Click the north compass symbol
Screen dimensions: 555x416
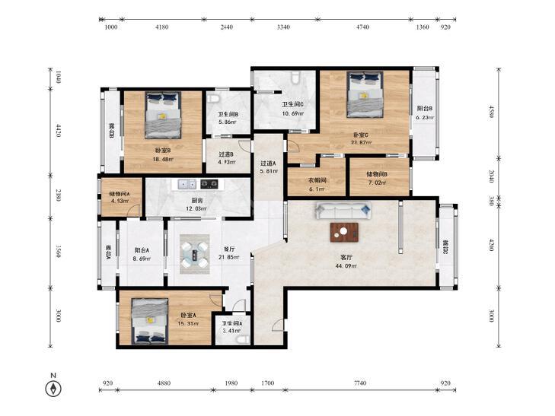pyautogui.click(x=53, y=389)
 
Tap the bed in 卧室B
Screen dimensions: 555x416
pyautogui.click(x=162, y=116)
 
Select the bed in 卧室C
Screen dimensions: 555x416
pyautogui.click(x=365, y=94)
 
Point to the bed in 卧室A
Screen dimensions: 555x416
pyautogui.click(x=150, y=321)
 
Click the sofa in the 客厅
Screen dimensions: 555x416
pyautogui.click(x=343, y=211)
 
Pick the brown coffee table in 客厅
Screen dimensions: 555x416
pyautogui.click(x=344, y=232)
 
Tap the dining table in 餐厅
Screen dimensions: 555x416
pyautogui.click(x=195, y=254)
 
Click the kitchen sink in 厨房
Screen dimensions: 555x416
pyautogui.click(x=187, y=184)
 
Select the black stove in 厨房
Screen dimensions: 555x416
pyautogui.click(x=209, y=184)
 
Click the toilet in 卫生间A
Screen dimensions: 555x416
pyautogui.click(x=242, y=340)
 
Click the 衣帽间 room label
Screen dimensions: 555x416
pyautogui.click(x=317, y=180)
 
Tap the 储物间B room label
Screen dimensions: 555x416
pyautogui.click(x=377, y=174)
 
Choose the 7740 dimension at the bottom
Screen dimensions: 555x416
pyautogui.click(x=360, y=383)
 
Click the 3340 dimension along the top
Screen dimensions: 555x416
pyautogui.click(x=283, y=27)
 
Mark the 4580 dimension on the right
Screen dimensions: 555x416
pyautogui.click(x=491, y=111)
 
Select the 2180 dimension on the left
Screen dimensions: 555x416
pyautogui.click(x=59, y=195)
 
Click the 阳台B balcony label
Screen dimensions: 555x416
pyautogui.click(x=425, y=109)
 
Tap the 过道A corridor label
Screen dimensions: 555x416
pyautogui.click(x=268, y=164)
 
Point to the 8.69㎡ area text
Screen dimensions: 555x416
pyautogui.click(x=142, y=259)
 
